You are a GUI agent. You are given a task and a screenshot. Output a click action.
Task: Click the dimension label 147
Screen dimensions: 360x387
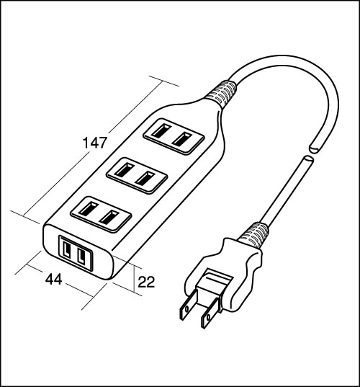coord(95,143)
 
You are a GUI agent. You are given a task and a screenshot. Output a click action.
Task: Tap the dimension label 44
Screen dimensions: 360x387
coord(54,280)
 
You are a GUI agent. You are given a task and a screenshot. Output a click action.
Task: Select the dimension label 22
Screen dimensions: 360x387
coord(146,282)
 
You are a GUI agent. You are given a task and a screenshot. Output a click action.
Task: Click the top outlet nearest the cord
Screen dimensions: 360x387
coord(174,136)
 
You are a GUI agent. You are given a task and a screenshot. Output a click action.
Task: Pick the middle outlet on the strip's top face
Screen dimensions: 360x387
coord(137,175)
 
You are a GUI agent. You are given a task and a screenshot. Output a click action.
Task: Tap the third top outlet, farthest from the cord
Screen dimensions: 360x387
coord(101,214)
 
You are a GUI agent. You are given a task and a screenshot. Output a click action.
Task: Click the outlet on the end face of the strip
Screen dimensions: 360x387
coord(76,253)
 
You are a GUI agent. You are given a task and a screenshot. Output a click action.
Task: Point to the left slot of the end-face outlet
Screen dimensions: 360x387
coord(67,250)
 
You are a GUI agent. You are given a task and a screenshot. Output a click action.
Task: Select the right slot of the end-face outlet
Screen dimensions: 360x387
coord(81,256)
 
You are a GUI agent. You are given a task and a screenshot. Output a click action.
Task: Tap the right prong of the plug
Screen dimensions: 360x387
coord(210,313)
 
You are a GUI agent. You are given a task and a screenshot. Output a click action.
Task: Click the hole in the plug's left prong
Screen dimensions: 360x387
coord(187,308)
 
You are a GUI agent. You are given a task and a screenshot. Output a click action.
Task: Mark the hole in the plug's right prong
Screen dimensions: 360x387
coord(208,317)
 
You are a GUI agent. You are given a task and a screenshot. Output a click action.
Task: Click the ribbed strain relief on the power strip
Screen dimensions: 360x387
coord(221,94)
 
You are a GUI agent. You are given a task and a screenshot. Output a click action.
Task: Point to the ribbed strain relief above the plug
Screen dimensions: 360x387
coord(254,235)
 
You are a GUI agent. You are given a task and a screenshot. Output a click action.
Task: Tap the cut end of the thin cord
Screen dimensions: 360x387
coord(308,159)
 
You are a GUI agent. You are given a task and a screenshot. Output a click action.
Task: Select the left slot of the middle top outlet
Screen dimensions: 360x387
coord(122,170)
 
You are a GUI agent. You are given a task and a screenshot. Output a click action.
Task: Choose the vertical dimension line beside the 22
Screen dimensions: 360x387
coord(134,279)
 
